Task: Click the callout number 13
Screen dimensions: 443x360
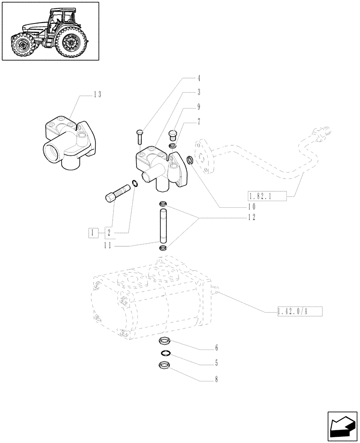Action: pos(98,94)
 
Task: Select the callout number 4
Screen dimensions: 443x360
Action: pos(199,78)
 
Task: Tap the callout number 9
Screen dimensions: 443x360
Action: pos(199,107)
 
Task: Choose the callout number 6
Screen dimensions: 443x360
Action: pos(216,348)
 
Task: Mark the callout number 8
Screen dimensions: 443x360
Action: pos(216,379)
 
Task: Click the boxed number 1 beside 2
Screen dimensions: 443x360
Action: pos(93,233)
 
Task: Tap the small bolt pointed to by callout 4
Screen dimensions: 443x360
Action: pos(139,135)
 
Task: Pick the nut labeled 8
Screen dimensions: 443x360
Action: pos(164,366)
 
